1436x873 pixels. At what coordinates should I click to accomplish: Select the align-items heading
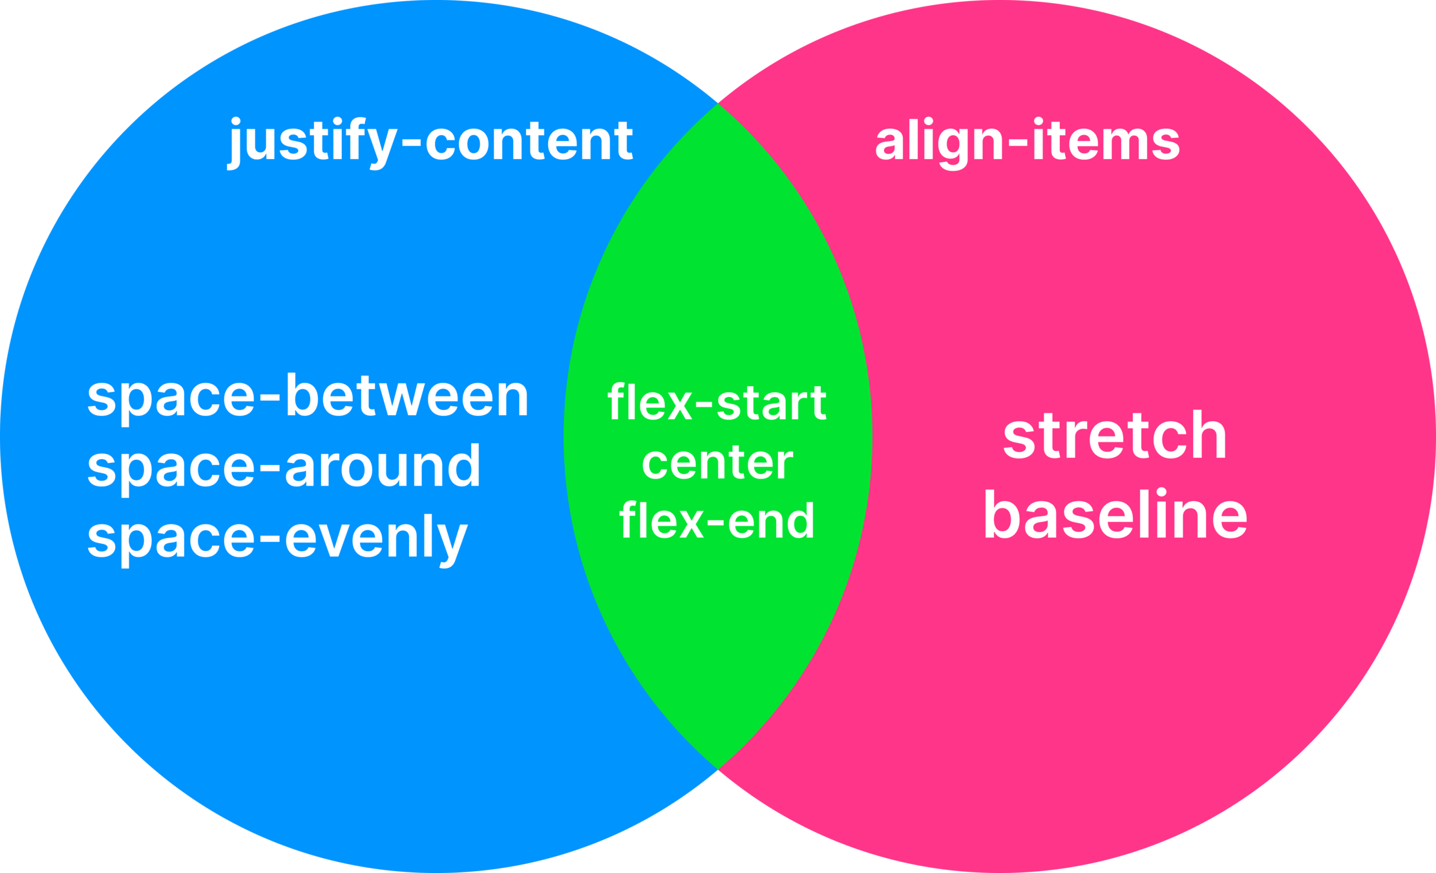point(1028,141)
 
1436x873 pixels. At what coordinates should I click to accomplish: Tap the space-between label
point(308,396)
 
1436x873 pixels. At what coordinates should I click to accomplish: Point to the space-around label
point(284,466)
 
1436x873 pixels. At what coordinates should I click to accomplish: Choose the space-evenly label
point(277,538)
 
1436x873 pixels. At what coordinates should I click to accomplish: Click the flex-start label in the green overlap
point(717,402)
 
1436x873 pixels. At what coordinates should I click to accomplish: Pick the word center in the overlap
point(717,463)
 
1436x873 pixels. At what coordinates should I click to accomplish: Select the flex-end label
point(717,521)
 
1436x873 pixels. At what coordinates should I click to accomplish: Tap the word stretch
point(1115,436)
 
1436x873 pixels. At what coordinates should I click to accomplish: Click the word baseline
point(1115,515)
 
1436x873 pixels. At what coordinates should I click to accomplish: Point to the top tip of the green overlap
point(718,103)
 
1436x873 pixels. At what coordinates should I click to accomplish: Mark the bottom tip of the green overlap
point(718,769)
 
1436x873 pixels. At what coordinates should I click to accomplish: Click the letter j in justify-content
point(235,144)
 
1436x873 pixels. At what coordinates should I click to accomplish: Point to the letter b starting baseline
point(1000,515)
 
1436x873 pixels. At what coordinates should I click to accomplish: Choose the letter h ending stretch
point(1207,436)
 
